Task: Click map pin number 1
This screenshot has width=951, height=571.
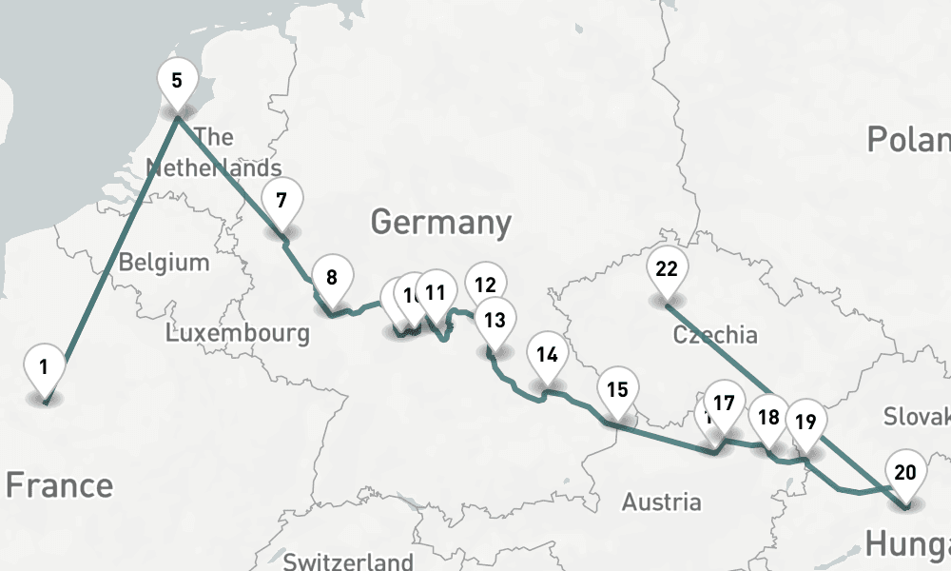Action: [x=44, y=366]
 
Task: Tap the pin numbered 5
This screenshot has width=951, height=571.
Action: [x=177, y=80]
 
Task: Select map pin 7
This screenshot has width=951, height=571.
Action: [x=281, y=201]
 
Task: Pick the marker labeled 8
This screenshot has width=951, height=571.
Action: [x=332, y=279]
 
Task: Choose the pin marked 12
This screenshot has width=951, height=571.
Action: [x=486, y=285]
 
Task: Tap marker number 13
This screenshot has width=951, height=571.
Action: [x=495, y=320]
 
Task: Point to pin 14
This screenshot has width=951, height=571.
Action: [x=547, y=355]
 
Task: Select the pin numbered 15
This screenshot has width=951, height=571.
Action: [x=617, y=389]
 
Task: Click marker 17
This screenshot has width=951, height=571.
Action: [x=724, y=404]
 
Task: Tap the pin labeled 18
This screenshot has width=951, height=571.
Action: [x=768, y=417]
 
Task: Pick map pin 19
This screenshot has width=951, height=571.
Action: [x=805, y=422]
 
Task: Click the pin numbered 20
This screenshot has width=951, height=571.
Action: [x=905, y=472]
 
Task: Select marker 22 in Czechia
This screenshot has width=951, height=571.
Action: [x=667, y=269]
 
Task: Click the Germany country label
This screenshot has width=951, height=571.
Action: [x=440, y=223]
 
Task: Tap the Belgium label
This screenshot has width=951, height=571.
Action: [x=164, y=262]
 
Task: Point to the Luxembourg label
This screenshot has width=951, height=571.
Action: [x=237, y=333]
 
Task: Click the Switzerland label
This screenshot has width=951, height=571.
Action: [x=348, y=561]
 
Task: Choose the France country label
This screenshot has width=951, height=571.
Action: [x=59, y=485]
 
